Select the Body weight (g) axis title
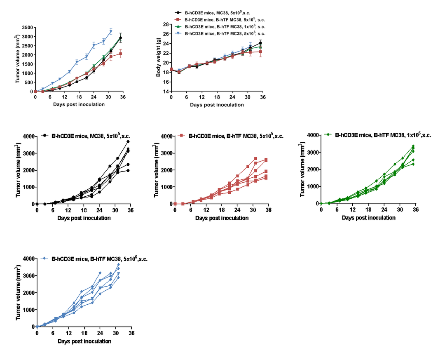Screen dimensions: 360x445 pos(158,58)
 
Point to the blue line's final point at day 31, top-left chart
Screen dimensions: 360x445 pos(111,31)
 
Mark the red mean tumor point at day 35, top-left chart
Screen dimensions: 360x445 pos(121,54)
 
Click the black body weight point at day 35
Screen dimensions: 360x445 pos(260,43)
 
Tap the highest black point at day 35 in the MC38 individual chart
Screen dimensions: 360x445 pos(128,141)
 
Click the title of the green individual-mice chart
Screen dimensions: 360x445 pos(383,135)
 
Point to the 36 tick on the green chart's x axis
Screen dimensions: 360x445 pos(416,209)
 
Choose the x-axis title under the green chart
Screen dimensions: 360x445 pos(368,217)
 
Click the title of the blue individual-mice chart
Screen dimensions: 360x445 pos(99,259)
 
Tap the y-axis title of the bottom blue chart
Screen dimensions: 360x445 pos(18,293)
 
